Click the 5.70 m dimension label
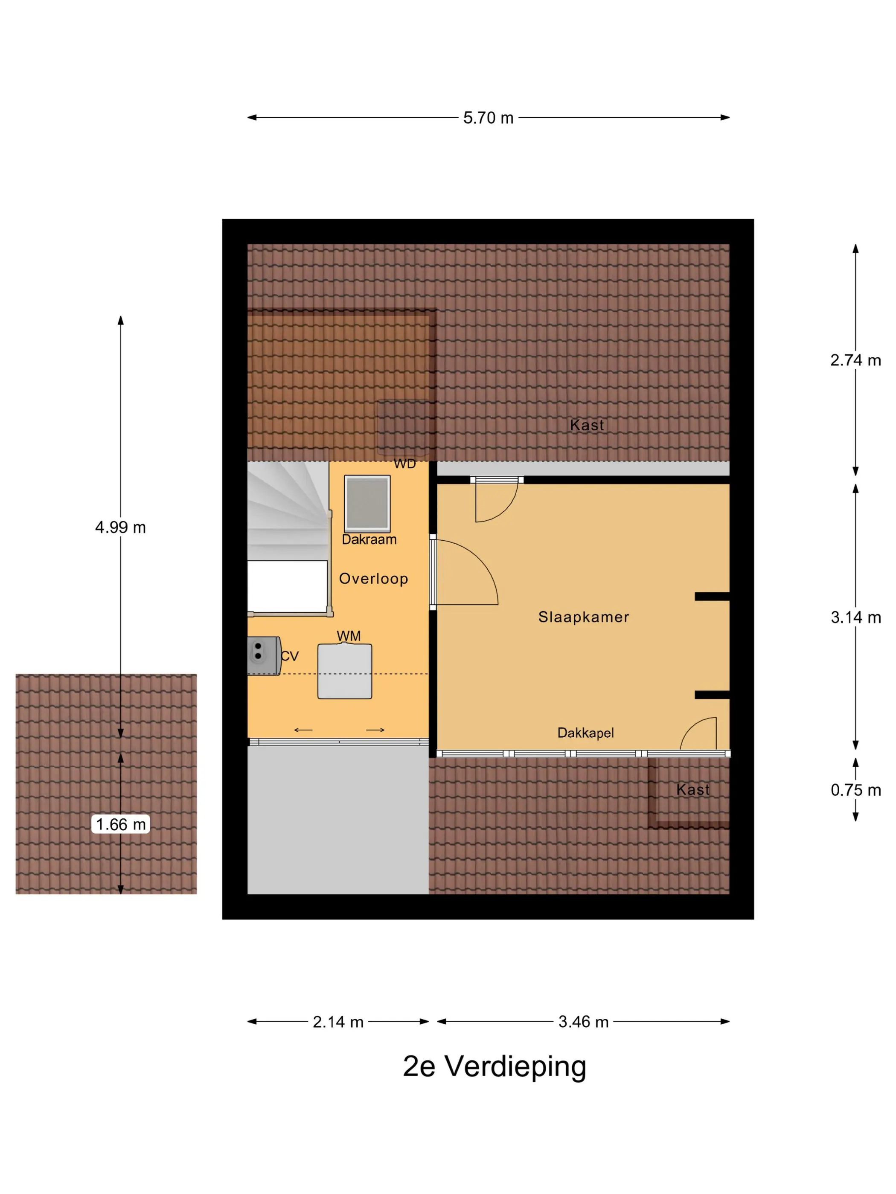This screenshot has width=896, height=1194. (x=488, y=118)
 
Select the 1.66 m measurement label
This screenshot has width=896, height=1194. (x=120, y=824)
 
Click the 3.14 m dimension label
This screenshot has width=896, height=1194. (x=855, y=617)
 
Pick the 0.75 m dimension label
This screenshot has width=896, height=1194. (x=855, y=790)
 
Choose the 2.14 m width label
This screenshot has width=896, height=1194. (x=338, y=1022)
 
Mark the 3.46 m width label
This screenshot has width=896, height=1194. (x=583, y=1022)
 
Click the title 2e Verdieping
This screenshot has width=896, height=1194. (x=494, y=1066)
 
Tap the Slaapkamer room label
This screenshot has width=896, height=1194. (x=584, y=617)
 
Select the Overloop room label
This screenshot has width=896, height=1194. (x=373, y=579)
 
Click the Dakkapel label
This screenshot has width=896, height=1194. (x=585, y=733)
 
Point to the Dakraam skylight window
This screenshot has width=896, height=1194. (x=367, y=504)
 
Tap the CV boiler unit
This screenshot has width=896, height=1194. (x=264, y=656)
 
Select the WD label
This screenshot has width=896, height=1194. (x=404, y=464)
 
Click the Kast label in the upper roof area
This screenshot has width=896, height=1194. (x=587, y=425)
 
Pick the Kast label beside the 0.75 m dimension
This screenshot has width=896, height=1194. (x=693, y=790)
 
